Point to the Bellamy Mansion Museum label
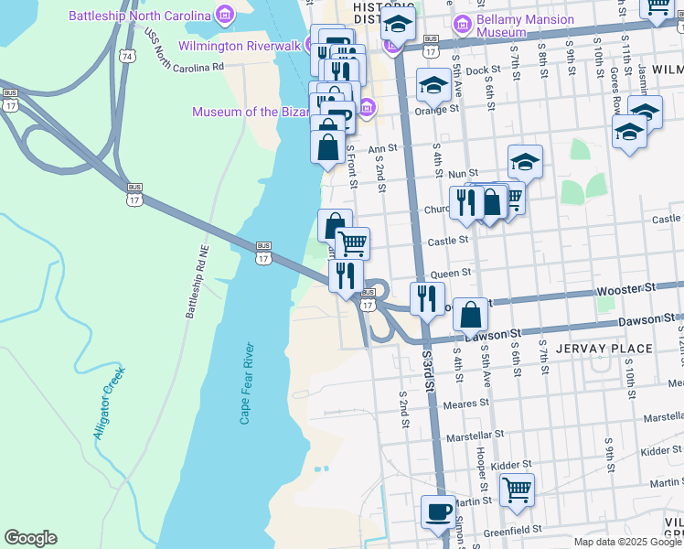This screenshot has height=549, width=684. pos(514,24)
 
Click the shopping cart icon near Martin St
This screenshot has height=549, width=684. pos(517,490)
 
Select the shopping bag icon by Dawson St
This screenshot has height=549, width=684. pos(470,315)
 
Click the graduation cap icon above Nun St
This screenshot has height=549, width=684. pos(525,161)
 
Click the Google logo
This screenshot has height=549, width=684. pos(30,538)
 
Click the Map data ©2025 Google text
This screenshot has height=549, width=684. pos(627,542)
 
